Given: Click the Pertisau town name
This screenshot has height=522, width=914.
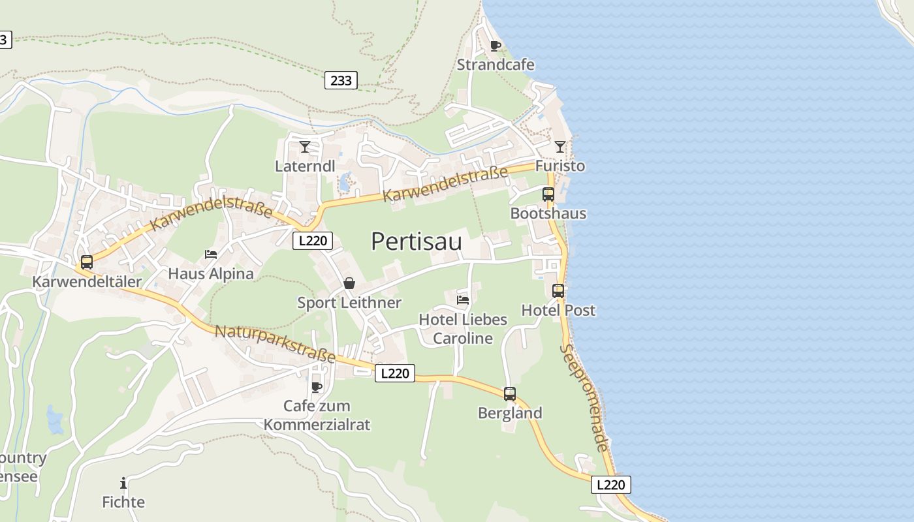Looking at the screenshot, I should coord(417,241).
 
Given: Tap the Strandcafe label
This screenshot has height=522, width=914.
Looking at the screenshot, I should coord(496,65).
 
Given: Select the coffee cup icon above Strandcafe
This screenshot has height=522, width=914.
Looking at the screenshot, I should coord(495,46).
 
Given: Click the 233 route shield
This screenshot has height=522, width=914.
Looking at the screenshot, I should coord(341,80).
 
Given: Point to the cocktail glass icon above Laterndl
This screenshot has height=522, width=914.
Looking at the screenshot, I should coord(305,147).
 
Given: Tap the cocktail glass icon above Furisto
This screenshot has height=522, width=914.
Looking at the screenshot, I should coord(560,147).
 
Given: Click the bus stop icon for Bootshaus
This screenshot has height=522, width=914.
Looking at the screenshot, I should coord(548,194).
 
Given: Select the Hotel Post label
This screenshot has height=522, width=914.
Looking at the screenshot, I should coord(558,310).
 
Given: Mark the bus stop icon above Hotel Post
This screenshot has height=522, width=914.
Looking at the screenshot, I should coord(558,291).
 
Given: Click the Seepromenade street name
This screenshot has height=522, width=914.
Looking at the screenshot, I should coord(585,398).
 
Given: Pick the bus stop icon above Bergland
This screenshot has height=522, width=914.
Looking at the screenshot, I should coord(510,394).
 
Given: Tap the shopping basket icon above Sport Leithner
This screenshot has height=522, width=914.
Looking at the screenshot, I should coord(349,283).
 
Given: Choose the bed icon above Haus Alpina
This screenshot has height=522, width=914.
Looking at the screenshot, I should coord(211,254).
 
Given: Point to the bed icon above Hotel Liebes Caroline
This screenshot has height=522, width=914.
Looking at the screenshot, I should coord(463,300).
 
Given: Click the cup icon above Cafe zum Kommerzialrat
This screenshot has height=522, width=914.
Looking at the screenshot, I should coord(317,387).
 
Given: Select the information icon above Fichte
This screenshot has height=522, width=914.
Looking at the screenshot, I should coord(123,483).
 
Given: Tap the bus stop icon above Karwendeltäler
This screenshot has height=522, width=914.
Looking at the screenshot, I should coord(87,262).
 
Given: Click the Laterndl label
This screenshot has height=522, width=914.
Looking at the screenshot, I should coord(305,166).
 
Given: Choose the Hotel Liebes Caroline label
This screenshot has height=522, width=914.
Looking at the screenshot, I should coord(463,329).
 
